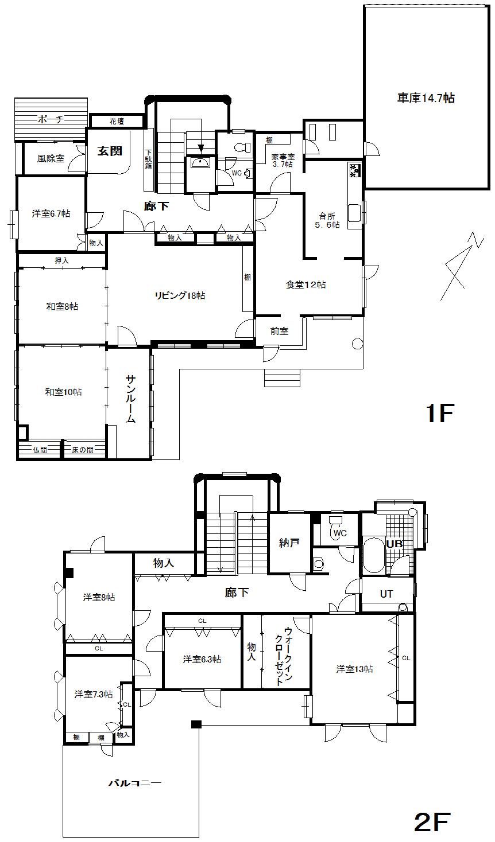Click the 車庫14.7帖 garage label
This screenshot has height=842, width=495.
pyautogui.click(x=426, y=98)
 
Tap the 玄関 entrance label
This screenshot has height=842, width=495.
pyautogui.click(x=109, y=151)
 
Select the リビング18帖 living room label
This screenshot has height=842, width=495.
pyautogui.click(x=180, y=295)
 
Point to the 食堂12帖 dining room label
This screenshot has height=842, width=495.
pyautogui.click(x=306, y=284)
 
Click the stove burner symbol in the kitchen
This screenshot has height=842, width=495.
pyautogui.click(x=354, y=170)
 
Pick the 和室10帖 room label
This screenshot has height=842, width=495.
pyautogui.click(x=63, y=392)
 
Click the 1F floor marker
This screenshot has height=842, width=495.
pyautogui.click(x=439, y=413)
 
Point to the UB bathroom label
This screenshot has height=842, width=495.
pyautogui.click(x=394, y=543)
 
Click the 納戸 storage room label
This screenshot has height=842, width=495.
pyautogui.click(x=289, y=543)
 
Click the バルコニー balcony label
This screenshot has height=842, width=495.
pyautogui.click(x=135, y=782)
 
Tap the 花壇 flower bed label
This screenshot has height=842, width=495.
pyautogui.click(x=117, y=121)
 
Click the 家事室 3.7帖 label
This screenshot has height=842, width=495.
pyautogui.click(x=282, y=160)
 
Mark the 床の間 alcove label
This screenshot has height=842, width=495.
pyautogui.click(x=83, y=450)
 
